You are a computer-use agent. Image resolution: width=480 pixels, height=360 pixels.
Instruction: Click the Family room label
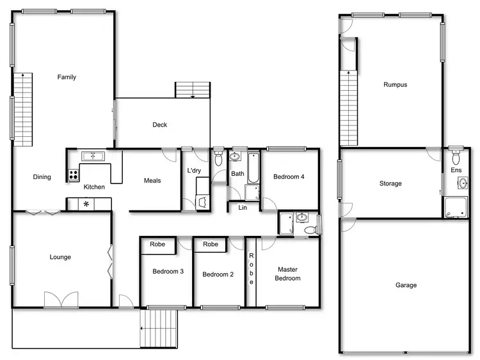(x=67, y=77)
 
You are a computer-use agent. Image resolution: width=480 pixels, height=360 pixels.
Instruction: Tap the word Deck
(x=159, y=125)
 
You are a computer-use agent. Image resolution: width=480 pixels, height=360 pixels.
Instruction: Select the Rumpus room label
(x=395, y=84)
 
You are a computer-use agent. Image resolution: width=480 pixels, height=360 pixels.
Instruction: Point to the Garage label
(x=406, y=285)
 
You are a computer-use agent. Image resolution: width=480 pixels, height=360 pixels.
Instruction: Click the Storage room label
(x=390, y=184)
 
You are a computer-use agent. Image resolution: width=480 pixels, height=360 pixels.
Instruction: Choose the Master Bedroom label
(x=287, y=274)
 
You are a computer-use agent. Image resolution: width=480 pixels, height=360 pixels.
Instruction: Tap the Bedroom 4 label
(x=288, y=177)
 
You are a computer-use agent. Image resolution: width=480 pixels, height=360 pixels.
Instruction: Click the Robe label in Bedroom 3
(x=157, y=244)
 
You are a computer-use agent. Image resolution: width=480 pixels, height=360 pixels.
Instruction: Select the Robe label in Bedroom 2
(x=211, y=244)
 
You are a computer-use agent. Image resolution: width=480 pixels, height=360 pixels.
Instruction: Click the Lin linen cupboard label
(x=243, y=207)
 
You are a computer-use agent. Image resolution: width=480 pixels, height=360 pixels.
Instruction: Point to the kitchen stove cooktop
(x=74, y=174)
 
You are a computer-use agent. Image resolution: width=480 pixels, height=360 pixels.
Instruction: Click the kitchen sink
(x=93, y=155)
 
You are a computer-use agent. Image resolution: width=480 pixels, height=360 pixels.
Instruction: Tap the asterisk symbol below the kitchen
(x=86, y=204)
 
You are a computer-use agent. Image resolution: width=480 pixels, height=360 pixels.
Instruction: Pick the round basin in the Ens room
(x=463, y=184)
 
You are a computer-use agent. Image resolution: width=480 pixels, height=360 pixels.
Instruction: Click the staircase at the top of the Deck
(x=193, y=90)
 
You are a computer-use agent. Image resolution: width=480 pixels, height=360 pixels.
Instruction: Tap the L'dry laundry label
(x=195, y=171)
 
